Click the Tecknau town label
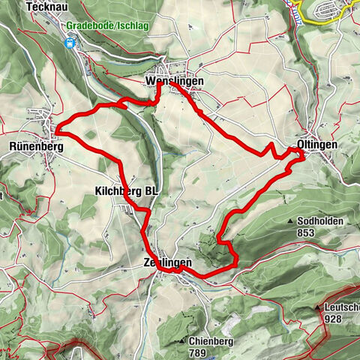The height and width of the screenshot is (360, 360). click(x=43, y=6)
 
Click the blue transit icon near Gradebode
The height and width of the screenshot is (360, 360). click(x=71, y=43)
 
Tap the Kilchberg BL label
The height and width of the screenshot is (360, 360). click(x=127, y=191)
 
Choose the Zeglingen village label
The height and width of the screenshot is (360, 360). click(x=167, y=263)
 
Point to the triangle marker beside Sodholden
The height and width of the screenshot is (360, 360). click(x=291, y=222)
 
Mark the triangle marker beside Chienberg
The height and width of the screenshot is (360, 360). click(x=183, y=342)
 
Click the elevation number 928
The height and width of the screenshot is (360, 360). click(x=334, y=318)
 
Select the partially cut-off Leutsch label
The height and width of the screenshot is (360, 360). click(x=341, y=307)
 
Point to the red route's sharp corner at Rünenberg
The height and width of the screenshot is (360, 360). click(x=56, y=134)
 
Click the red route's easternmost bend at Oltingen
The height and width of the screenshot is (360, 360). click(x=303, y=156)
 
